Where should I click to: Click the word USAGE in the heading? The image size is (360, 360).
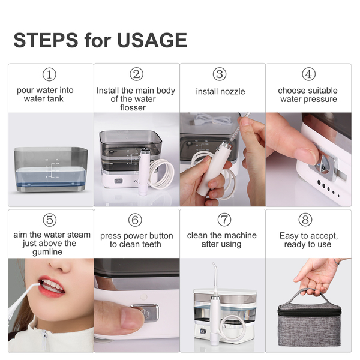[x=152, y=40]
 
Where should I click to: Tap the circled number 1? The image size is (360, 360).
[x=49, y=74]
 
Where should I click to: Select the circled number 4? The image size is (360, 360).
[x=308, y=74]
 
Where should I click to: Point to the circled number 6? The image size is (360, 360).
[x=135, y=220]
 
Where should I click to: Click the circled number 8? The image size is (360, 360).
[x=305, y=220]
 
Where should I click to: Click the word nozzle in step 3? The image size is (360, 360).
[x=233, y=92]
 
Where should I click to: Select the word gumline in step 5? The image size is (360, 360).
[x=47, y=252]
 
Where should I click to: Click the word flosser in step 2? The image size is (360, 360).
[x=133, y=107]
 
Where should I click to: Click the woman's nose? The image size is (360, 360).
[x=60, y=266]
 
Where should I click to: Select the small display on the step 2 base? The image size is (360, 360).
[x=118, y=181]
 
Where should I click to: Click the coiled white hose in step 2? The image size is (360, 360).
[x=161, y=174]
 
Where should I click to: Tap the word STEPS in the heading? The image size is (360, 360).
[x=46, y=40]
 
